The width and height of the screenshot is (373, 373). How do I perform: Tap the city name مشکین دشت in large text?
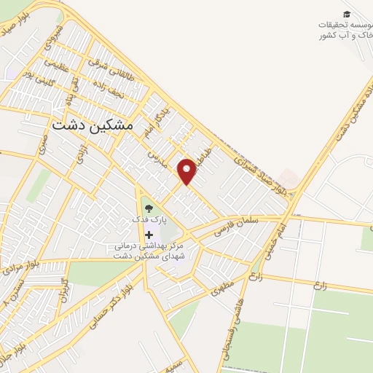(93, 125)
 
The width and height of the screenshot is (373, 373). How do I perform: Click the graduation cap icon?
(348, 15)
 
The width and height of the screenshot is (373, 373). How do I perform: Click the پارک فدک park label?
(149, 219)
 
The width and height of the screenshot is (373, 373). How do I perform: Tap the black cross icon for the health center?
(149, 235)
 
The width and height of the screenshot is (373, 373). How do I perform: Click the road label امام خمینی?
(280, 230)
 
